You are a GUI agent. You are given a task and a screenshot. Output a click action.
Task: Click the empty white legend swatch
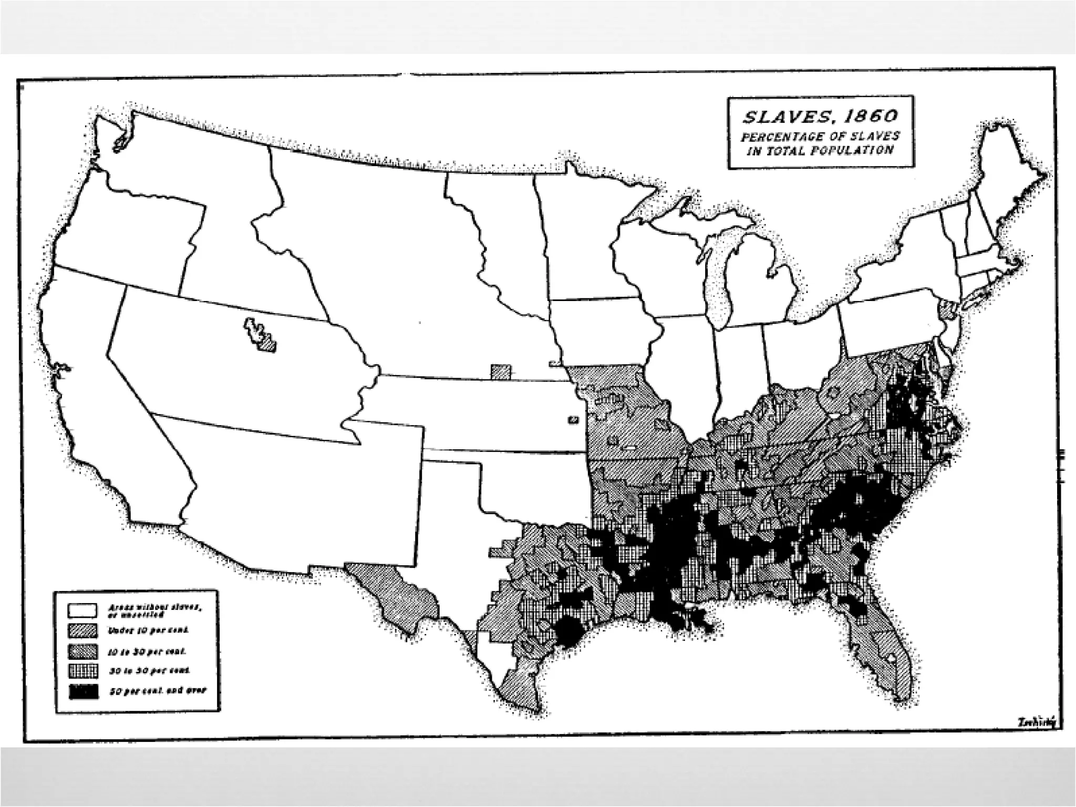click(82, 610)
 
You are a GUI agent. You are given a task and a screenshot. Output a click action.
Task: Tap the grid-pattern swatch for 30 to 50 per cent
click(83, 672)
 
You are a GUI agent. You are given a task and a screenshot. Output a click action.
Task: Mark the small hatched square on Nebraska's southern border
click(500, 371)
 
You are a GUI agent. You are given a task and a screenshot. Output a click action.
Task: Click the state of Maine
click(1009, 179)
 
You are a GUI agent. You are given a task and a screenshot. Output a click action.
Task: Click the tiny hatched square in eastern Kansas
click(573, 419)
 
